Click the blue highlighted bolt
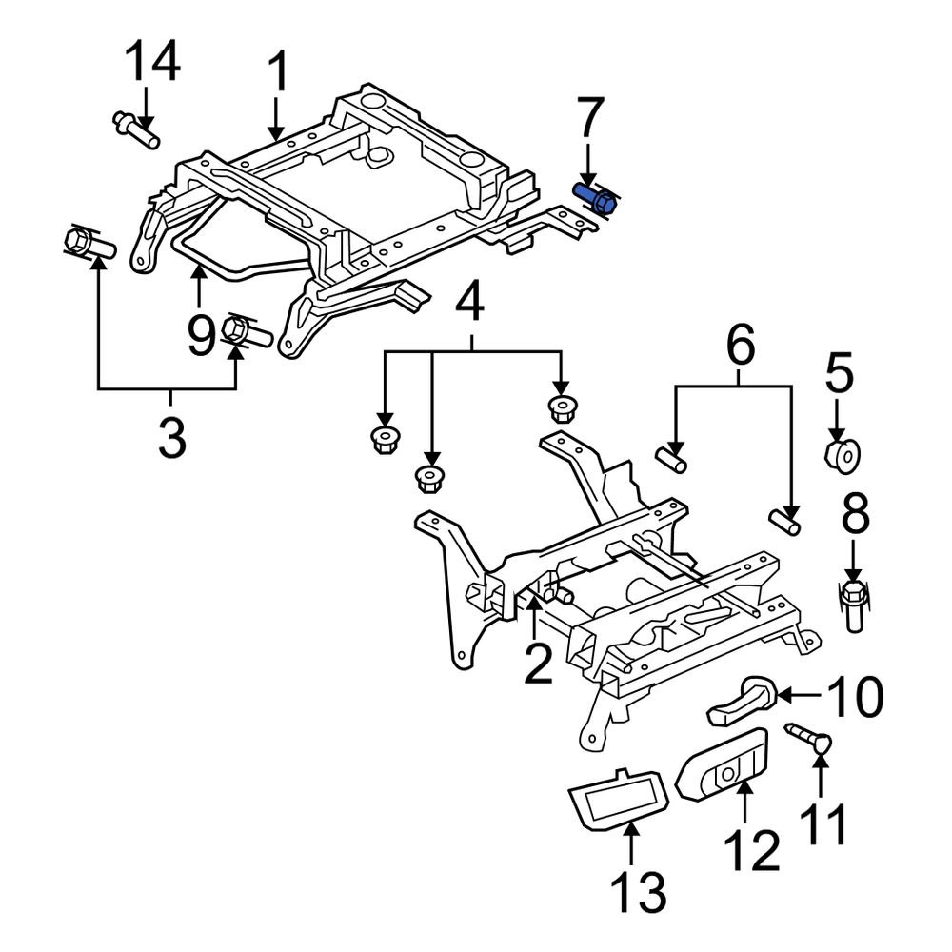click(596, 199)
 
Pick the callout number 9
click(200, 335)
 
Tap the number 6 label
click(741, 345)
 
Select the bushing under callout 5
click(841, 454)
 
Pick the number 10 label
click(853, 698)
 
